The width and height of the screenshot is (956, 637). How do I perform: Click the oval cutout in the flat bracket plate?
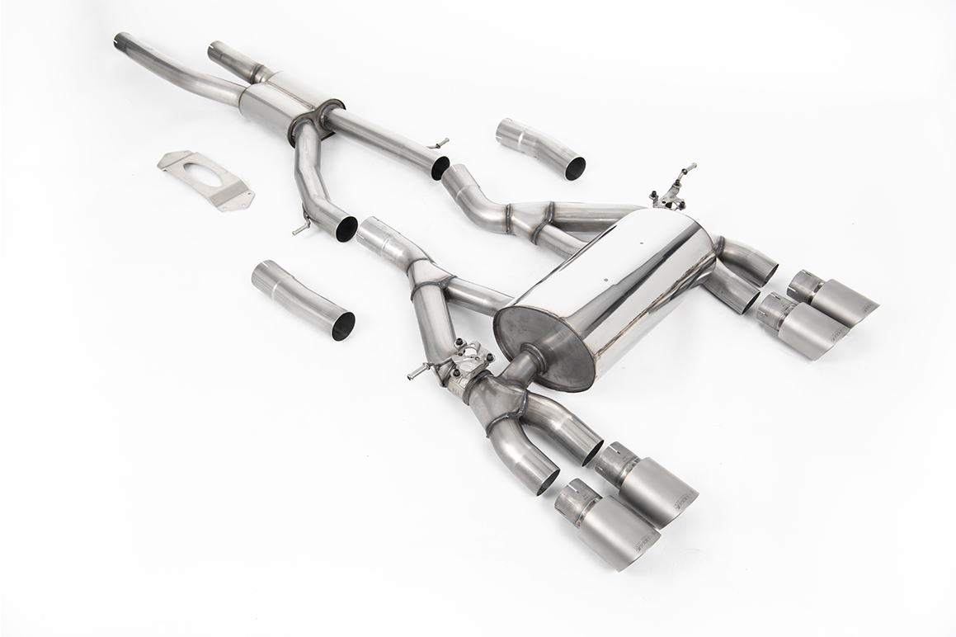pos(197,174)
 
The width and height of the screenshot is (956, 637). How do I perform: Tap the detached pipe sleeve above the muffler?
pos(540,149)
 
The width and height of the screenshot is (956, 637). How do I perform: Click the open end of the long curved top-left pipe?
pos(120,40)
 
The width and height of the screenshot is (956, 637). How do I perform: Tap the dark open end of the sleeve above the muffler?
pos(575,168)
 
